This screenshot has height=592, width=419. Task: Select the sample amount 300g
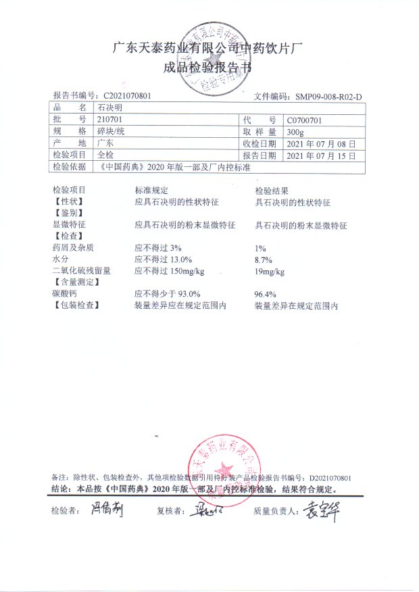coord(295,131)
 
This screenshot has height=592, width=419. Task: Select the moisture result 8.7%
coord(263,260)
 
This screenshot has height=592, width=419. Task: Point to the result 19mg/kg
coord(270,272)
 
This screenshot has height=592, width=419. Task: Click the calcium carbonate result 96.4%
coord(265,295)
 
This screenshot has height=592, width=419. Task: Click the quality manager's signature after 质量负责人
coord(320,510)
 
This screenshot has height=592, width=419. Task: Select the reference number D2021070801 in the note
coord(330,476)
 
